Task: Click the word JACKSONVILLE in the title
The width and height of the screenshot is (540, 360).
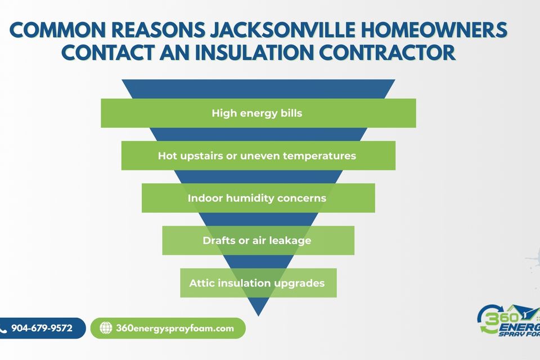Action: [282, 30]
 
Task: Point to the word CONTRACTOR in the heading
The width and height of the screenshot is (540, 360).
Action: [388, 52]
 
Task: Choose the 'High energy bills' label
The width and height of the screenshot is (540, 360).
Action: [257, 113]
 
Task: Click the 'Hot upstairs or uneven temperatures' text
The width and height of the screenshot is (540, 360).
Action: [257, 156]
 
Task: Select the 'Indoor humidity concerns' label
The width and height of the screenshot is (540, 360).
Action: [257, 198]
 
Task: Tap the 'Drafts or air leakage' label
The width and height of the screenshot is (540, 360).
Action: [257, 240]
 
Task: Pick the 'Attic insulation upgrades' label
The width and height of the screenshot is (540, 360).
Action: [257, 283]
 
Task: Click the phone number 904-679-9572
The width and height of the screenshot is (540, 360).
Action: [42, 328]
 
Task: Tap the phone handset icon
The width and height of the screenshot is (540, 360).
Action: [3, 330]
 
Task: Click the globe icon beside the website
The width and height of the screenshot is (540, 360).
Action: [106, 328]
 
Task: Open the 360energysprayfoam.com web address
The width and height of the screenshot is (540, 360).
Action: [175, 328]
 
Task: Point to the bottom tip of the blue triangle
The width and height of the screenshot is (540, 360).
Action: [258, 316]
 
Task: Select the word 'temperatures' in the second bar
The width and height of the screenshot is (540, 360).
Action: [319, 156]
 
